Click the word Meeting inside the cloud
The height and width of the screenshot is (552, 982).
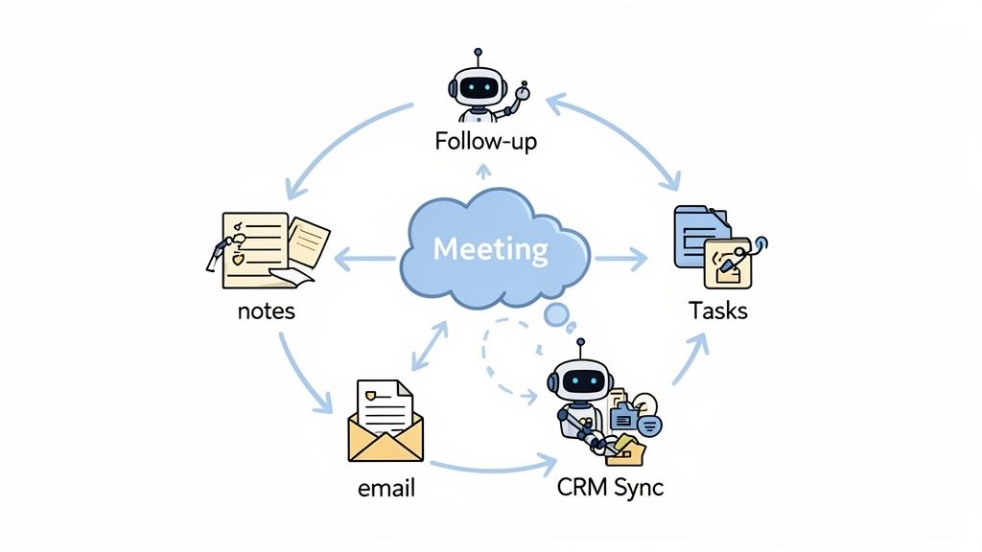tap(490, 249)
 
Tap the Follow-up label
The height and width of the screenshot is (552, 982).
tap(485, 142)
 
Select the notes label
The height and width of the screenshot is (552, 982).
tap(267, 311)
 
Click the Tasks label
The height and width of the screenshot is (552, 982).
tap(718, 311)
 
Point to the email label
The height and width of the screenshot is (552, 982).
tap(386, 488)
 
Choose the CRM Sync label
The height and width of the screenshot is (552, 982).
tap(610, 488)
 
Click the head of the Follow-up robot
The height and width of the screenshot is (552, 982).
tap(479, 89)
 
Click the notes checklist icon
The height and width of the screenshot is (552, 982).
tap(255, 249)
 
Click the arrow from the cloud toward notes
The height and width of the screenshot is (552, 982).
tap(364, 257)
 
